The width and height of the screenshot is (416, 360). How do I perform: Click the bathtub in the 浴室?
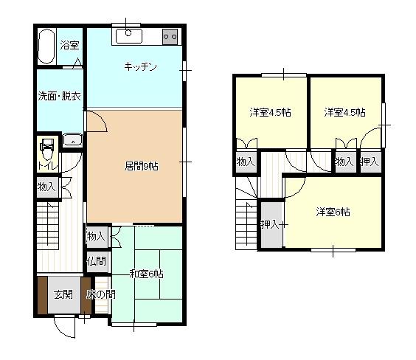tap(46, 46)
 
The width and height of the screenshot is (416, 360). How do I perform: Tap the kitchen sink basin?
tap(129, 36)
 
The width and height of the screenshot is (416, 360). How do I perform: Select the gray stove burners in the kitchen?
tap(170, 36)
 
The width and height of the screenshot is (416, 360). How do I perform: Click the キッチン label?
tap(140, 66)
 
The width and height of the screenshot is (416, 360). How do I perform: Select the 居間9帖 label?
tap(142, 166)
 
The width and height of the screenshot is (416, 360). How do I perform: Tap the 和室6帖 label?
tap(146, 274)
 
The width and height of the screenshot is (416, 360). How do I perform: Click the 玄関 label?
tap(63, 294)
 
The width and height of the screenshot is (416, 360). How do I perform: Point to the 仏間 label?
tap(97, 261)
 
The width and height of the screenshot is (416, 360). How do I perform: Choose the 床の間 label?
tap(101, 294)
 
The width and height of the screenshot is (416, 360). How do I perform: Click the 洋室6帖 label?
tap(333, 212)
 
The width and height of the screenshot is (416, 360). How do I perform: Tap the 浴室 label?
tap(69, 45)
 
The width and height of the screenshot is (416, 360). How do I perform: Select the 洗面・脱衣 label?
tap(60, 96)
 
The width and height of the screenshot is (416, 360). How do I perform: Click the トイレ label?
tap(48, 166)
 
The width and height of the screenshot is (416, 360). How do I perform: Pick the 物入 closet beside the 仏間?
tap(97, 236)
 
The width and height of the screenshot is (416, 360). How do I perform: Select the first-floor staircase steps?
tap(48, 226)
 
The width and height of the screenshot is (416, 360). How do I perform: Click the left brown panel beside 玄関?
tap(43, 295)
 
